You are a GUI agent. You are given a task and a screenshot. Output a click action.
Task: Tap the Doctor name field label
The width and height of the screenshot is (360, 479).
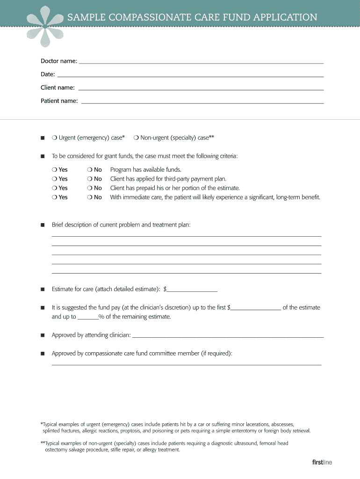tap(58, 61)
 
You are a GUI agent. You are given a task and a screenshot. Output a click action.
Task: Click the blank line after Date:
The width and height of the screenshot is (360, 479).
tap(190, 76)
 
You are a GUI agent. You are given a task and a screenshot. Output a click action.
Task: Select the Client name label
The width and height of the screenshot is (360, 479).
tap(57, 87)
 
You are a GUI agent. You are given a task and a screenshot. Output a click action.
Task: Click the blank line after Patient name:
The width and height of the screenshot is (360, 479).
tap(202, 102)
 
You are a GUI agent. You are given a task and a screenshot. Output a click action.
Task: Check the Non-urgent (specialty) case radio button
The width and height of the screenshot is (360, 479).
tap(136, 138)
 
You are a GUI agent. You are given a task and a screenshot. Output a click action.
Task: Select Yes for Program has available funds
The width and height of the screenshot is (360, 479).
tap(54, 170)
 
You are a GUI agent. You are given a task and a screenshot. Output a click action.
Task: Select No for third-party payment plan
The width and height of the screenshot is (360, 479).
tap(89, 179)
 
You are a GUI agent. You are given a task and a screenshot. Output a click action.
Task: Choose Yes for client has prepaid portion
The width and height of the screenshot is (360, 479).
tap(54, 188)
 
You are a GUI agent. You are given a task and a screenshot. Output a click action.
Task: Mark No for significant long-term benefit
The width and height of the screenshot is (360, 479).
tap(89, 197)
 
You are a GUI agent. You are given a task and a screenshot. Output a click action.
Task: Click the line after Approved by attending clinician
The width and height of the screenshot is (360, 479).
tap(228, 337)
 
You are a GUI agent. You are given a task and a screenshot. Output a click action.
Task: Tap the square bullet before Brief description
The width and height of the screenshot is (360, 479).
tap(42, 225)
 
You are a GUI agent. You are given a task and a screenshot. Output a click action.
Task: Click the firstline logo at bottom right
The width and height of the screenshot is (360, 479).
tap(322, 463)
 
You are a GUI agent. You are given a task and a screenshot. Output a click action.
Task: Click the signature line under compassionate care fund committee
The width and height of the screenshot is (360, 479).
tap(186, 364)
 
